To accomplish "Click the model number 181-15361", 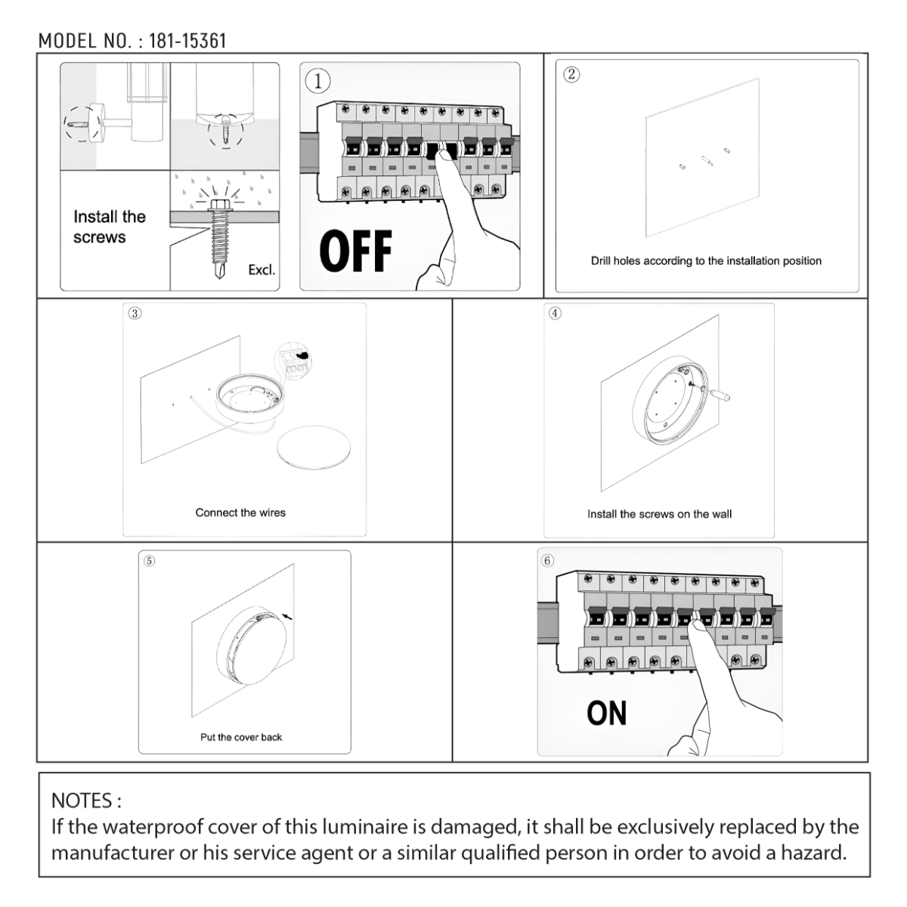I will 187,41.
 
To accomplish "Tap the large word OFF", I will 355,251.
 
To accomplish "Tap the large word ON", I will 606,714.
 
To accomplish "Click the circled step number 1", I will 318,81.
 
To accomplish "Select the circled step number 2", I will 571,74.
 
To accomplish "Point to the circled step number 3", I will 134,314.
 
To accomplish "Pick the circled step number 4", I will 555,313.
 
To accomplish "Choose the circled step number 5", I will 149,560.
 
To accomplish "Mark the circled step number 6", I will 547,560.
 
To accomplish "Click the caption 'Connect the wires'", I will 240,512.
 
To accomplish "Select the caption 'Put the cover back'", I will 240,737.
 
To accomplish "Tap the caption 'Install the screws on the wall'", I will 659,514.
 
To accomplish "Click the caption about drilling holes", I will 706,261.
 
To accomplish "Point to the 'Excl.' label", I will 262,270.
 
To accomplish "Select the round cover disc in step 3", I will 314,448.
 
